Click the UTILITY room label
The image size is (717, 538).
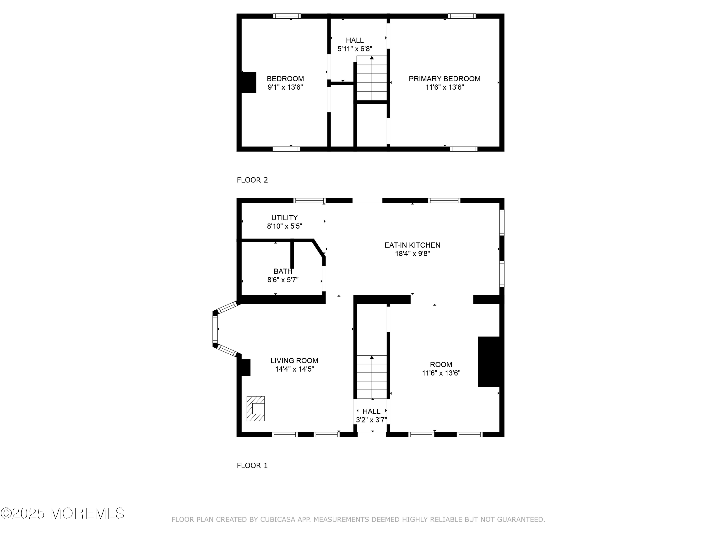point(284,218)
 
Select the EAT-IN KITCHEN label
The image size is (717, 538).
point(412,245)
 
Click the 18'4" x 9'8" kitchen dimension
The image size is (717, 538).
point(412,254)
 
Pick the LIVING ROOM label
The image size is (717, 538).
point(294,361)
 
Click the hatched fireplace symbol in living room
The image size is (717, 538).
point(255,409)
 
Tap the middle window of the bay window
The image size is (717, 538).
point(215,329)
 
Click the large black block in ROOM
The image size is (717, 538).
point(489,362)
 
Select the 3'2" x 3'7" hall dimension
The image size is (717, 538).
point(371,420)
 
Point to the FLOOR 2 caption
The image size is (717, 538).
point(252,180)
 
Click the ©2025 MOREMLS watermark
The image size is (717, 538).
point(62,513)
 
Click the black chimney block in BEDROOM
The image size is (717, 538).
point(249,82)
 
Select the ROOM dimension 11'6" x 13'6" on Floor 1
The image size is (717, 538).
point(441,373)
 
